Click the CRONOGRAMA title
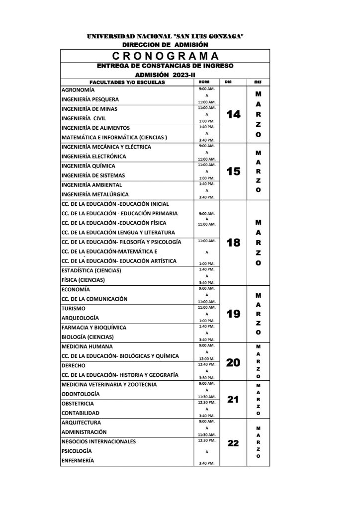[165, 56]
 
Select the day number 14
[233, 115]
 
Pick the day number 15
[233, 171]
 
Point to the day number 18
[233, 243]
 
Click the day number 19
[233, 314]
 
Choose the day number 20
[233, 363]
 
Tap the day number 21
[233, 399]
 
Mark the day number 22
[233, 443]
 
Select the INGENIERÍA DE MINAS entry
[89, 109]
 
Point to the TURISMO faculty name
[74, 309]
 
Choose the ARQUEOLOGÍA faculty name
[80, 318]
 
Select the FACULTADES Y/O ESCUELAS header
[127, 82]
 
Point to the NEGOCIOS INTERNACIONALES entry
[98, 441]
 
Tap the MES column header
[258, 82]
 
